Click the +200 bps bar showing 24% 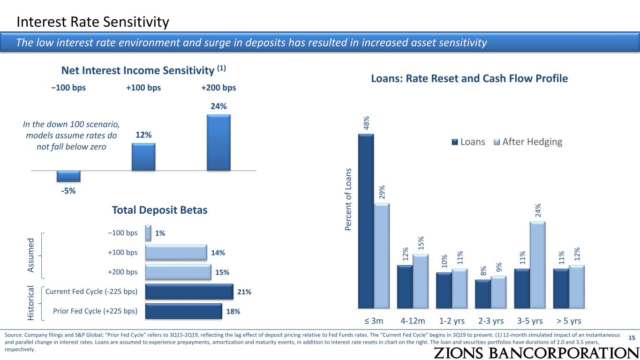[218, 142]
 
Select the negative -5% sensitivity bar [68, 176]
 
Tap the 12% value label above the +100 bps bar [143, 135]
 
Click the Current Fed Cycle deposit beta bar [189, 292]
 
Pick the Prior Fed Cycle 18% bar [184, 311]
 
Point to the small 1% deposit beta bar [148, 233]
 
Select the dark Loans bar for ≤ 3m [366, 221]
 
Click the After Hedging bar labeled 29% [382, 256]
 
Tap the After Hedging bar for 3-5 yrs [538, 265]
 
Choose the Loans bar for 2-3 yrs [483, 294]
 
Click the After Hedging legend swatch [497, 142]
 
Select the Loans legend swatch [455, 142]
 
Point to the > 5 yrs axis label [569, 321]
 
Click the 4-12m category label [413, 321]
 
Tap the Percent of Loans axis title [348, 199]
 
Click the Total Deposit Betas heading [159, 210]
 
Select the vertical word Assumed [30, 255]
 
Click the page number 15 [632, 338]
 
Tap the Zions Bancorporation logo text [536, 353]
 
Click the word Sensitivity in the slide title [136, 22]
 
